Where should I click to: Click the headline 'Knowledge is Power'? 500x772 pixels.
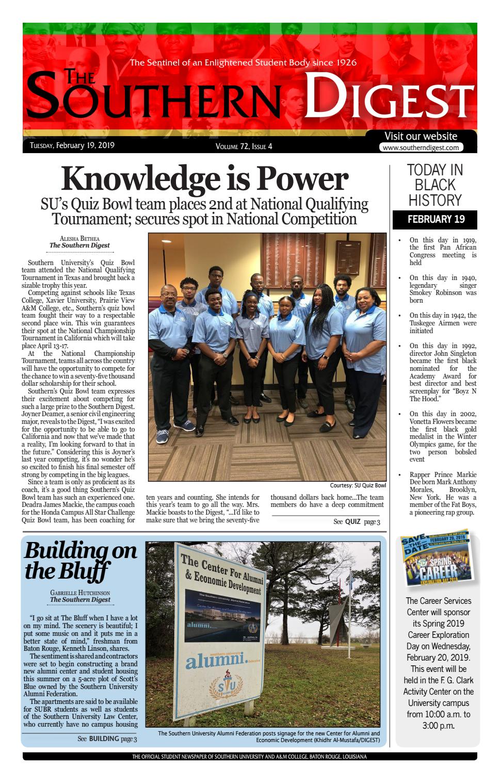pos(205,179)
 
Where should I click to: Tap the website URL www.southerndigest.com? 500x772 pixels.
pos(421,147)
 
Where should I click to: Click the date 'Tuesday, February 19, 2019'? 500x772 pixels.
pos(72,145)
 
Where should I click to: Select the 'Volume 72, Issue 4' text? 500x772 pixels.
pos(244,146)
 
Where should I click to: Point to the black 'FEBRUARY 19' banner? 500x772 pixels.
pos(436,219)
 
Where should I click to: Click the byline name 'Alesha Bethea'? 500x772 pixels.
pos(79,238)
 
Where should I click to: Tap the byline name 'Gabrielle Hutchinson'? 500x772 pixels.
pos(80,593)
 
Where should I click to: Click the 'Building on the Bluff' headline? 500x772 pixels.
pos(80,561)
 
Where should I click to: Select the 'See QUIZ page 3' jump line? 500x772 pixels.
pos(357,521)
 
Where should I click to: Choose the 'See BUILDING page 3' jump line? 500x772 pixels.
pos(107,739)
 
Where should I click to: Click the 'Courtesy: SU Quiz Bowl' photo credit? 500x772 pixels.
pos(358,485)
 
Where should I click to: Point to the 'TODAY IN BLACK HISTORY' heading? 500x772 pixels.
pos(436,185)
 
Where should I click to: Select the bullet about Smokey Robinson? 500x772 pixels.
pos(442,289)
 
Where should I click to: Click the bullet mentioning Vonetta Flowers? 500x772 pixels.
pos(442,436)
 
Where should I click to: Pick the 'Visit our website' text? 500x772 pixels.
pos(421,136)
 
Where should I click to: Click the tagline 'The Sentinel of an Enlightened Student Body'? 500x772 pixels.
pos(243,63)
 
